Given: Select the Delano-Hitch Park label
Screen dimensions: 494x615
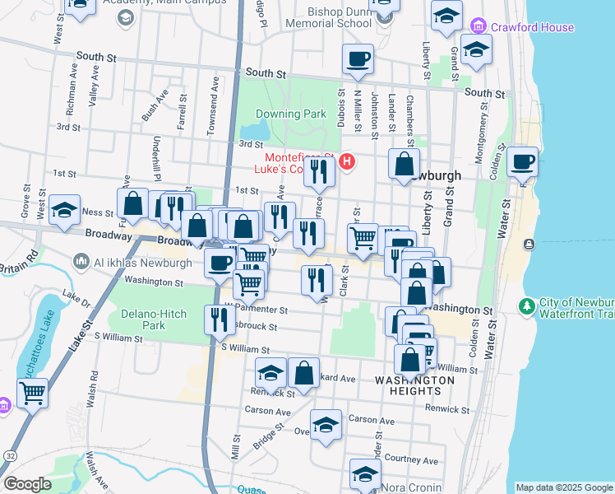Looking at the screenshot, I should click(x=154, y=319).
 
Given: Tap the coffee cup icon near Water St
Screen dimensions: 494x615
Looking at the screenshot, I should click(x=522, y=161).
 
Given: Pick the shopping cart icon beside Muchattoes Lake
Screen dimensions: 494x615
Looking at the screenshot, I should click(x=32, y=393).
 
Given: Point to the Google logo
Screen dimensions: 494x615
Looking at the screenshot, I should click(x=27, y=484).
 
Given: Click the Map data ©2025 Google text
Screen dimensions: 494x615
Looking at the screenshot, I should click(x=564, y=487).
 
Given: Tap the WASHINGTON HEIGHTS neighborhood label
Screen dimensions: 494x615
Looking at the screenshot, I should click(x=414, y=386).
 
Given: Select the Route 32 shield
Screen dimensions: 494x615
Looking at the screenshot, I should click(x=8, y=455).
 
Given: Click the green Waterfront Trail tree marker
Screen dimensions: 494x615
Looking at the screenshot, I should click(x=526, y=305).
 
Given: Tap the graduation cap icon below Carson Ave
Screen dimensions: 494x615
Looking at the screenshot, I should click(x=326, y=425).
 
